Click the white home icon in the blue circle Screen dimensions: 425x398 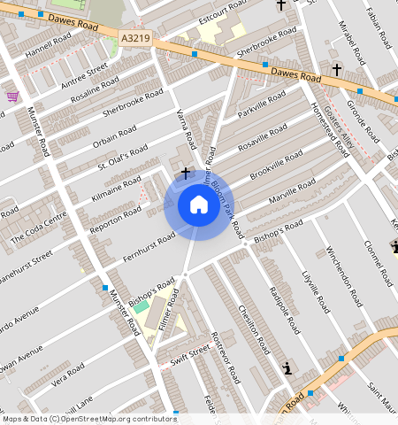pos(198,205)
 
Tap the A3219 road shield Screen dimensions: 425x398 pos(134,39)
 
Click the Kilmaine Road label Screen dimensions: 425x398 pos(118,189)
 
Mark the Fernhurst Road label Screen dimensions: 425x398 pos(149,244)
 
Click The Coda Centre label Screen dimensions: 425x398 pos(39,228)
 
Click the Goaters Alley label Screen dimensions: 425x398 pos(339,129)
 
